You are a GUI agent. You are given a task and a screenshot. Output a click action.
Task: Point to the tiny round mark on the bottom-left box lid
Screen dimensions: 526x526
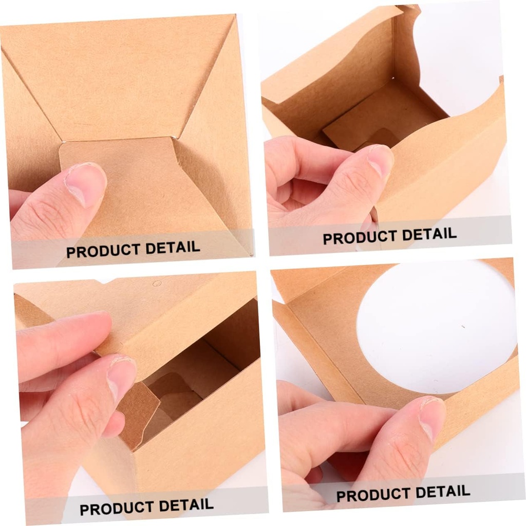tap(157, 283)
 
